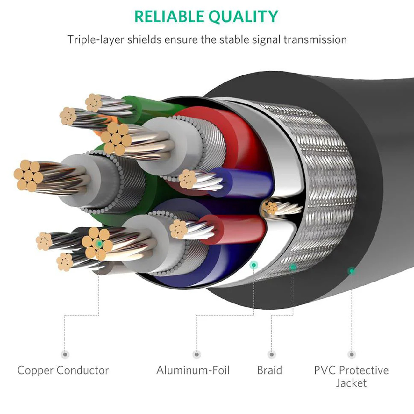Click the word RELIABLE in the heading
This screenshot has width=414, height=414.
169,17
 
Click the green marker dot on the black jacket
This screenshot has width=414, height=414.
352,271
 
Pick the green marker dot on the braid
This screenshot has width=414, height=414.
293,267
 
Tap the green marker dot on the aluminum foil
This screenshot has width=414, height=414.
254,265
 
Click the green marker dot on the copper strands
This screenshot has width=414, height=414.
99,244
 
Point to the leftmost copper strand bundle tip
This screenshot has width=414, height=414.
28,175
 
